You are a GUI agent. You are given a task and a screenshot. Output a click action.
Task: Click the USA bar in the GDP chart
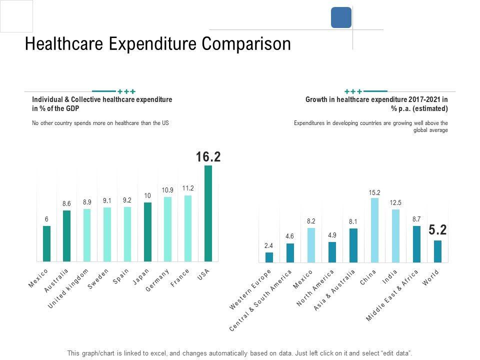208,213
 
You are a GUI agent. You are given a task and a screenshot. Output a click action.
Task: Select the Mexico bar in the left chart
46,243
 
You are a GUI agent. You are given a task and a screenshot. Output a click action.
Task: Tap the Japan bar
147,232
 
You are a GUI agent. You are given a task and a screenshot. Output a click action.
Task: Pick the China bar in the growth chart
374,230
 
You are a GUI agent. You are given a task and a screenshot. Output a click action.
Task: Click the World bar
437,251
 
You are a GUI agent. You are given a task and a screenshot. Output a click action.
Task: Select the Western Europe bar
269,257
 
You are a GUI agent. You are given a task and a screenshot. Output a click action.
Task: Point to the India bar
395,236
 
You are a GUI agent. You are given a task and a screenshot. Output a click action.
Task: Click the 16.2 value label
208,157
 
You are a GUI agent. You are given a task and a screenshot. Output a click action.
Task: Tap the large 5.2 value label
437,230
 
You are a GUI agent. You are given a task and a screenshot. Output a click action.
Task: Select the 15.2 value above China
374,192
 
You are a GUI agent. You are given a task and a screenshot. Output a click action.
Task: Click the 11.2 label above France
188,188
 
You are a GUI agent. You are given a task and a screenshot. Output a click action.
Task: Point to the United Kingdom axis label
68,288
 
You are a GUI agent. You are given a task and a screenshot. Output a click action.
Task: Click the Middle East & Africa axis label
392,295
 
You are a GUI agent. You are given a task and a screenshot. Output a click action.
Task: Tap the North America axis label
315,288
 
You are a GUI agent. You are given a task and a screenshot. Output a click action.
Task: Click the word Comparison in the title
246,44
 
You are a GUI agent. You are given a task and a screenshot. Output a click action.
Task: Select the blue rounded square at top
341,17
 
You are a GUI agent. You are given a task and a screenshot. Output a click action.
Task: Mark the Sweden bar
107,234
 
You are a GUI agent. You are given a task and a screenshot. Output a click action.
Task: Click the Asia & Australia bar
353,245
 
